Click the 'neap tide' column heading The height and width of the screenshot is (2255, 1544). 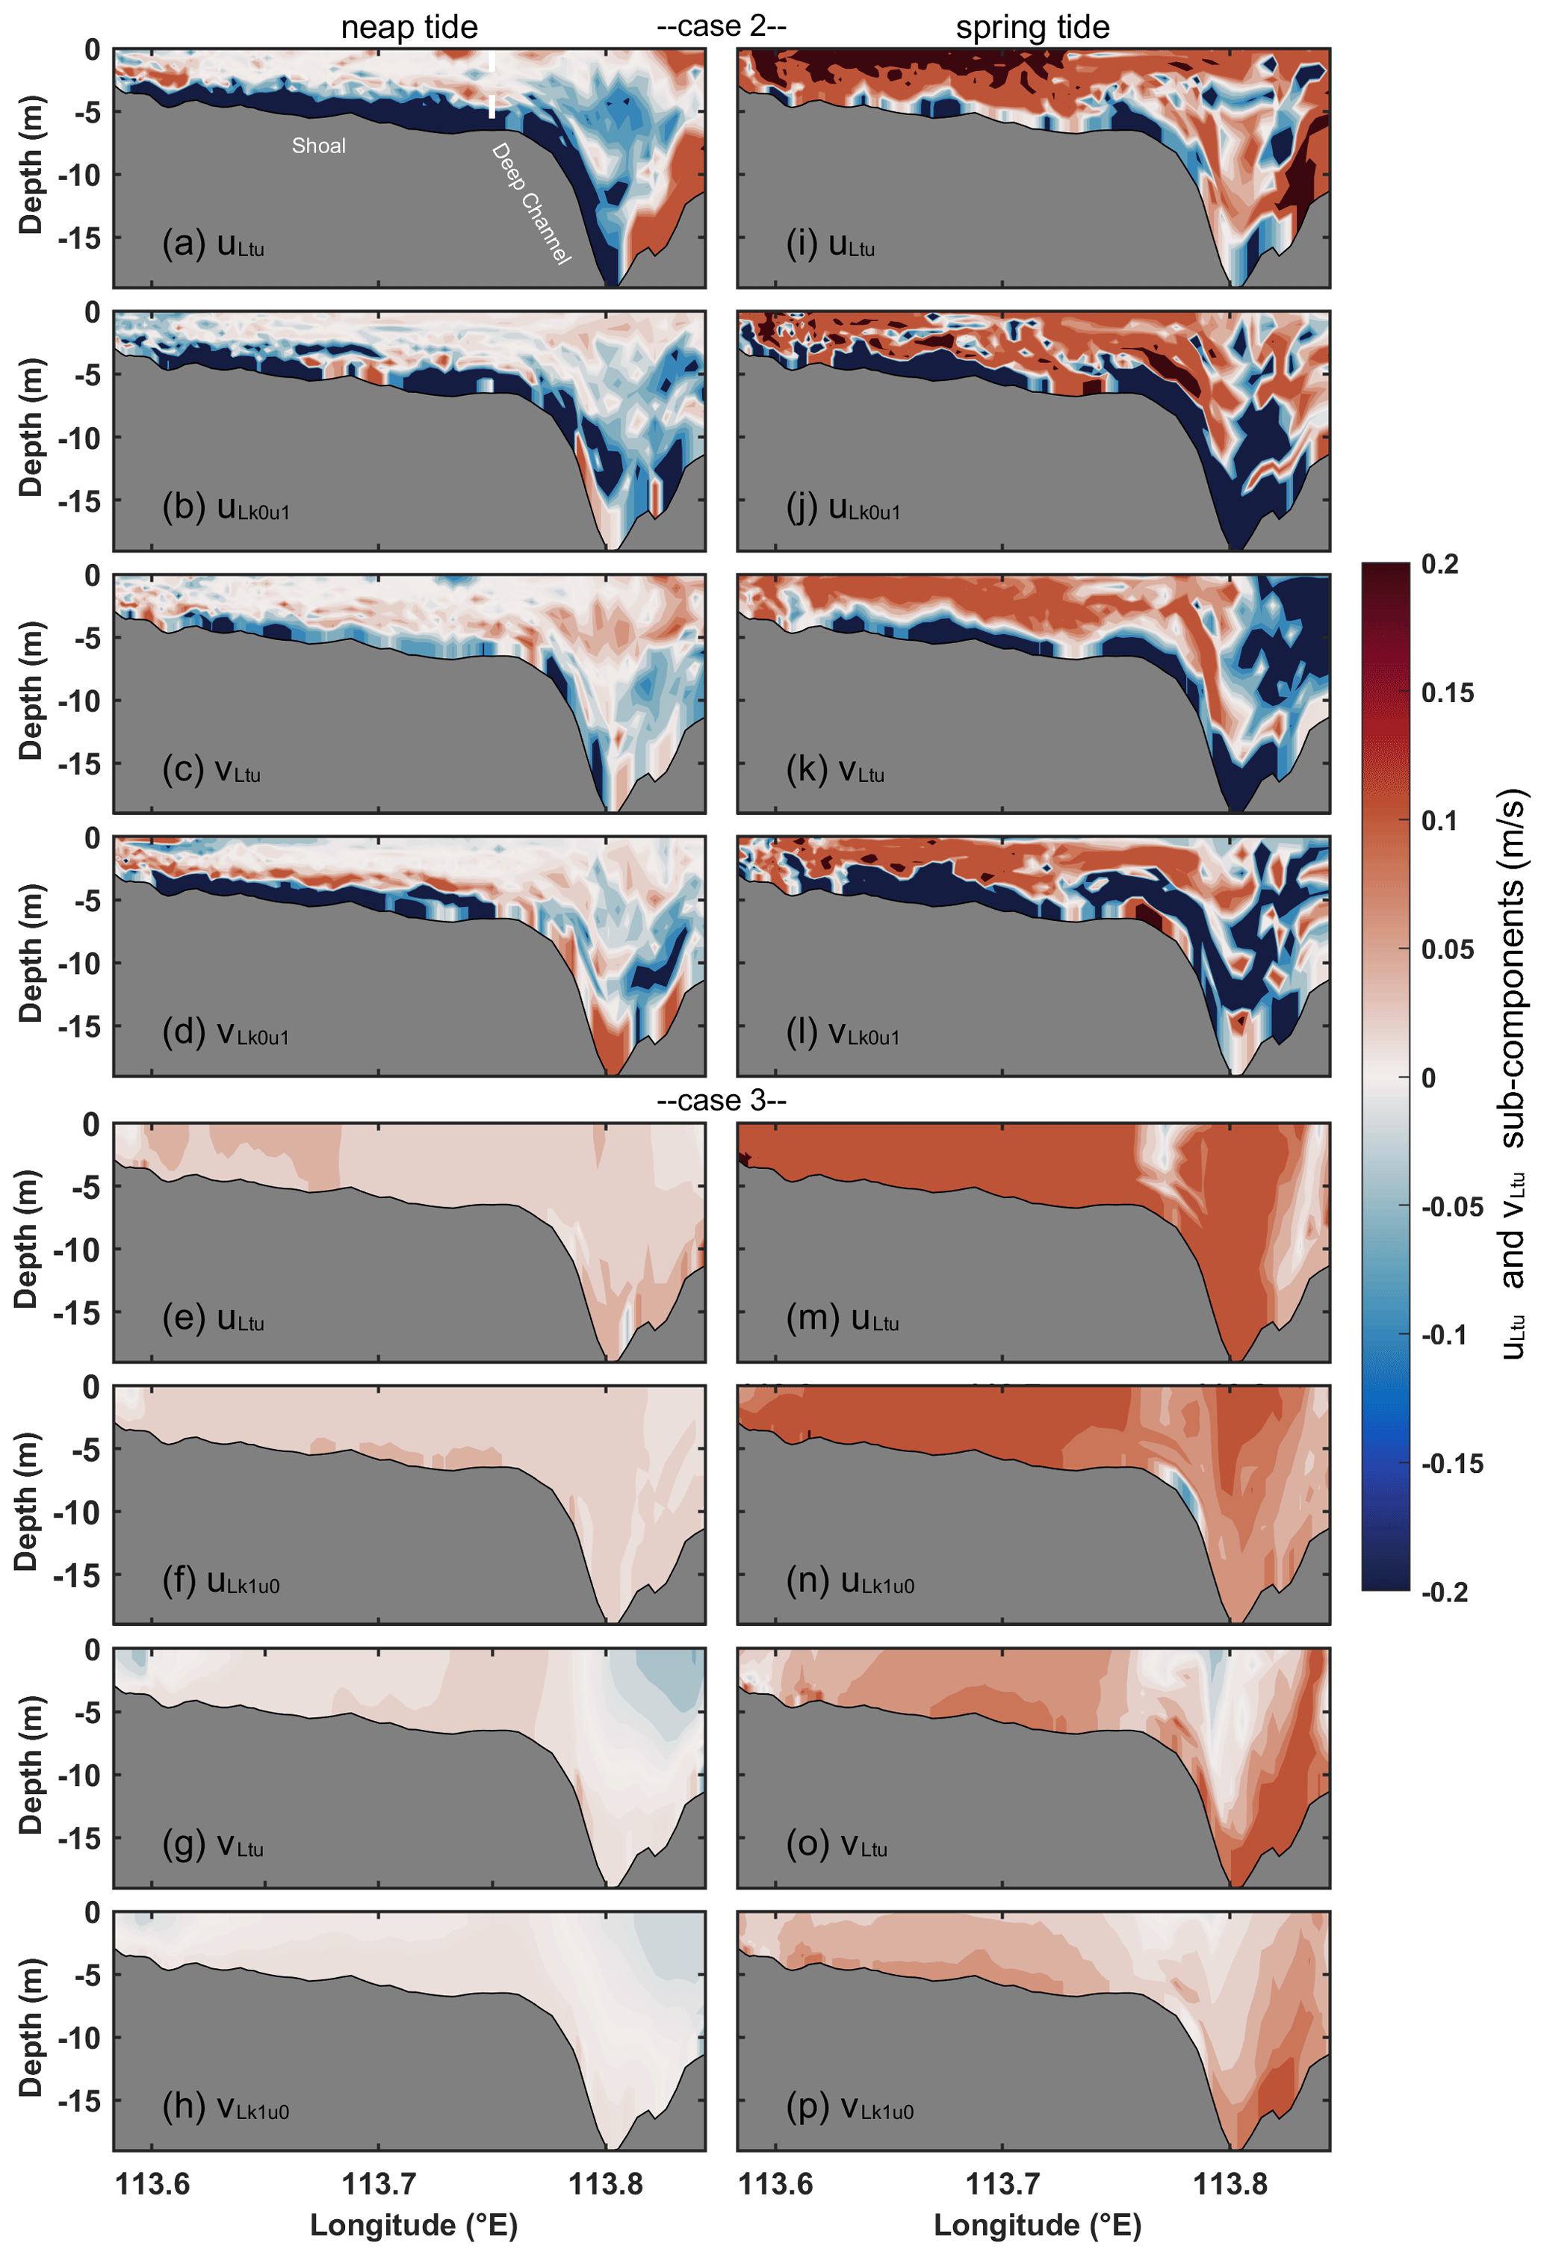tap(409, 27)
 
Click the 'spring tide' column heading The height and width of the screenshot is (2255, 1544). tap(1032, 27)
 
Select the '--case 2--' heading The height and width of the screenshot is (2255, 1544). tap(721, 26)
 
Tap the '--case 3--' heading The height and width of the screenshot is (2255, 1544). tap(721, 1100)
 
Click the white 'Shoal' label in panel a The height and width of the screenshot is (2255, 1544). tap(318, 146)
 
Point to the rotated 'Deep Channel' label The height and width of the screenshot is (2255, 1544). tap(530, 204)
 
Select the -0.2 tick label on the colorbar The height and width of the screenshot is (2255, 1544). tap(1444, 1592)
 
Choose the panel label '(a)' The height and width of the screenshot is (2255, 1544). tap(182, 243)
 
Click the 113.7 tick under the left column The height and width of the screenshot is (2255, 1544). tap(379, 2183)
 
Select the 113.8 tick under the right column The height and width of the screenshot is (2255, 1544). tap(1230, 2183)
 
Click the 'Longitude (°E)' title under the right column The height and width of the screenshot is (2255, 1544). tap(1037, 2225)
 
